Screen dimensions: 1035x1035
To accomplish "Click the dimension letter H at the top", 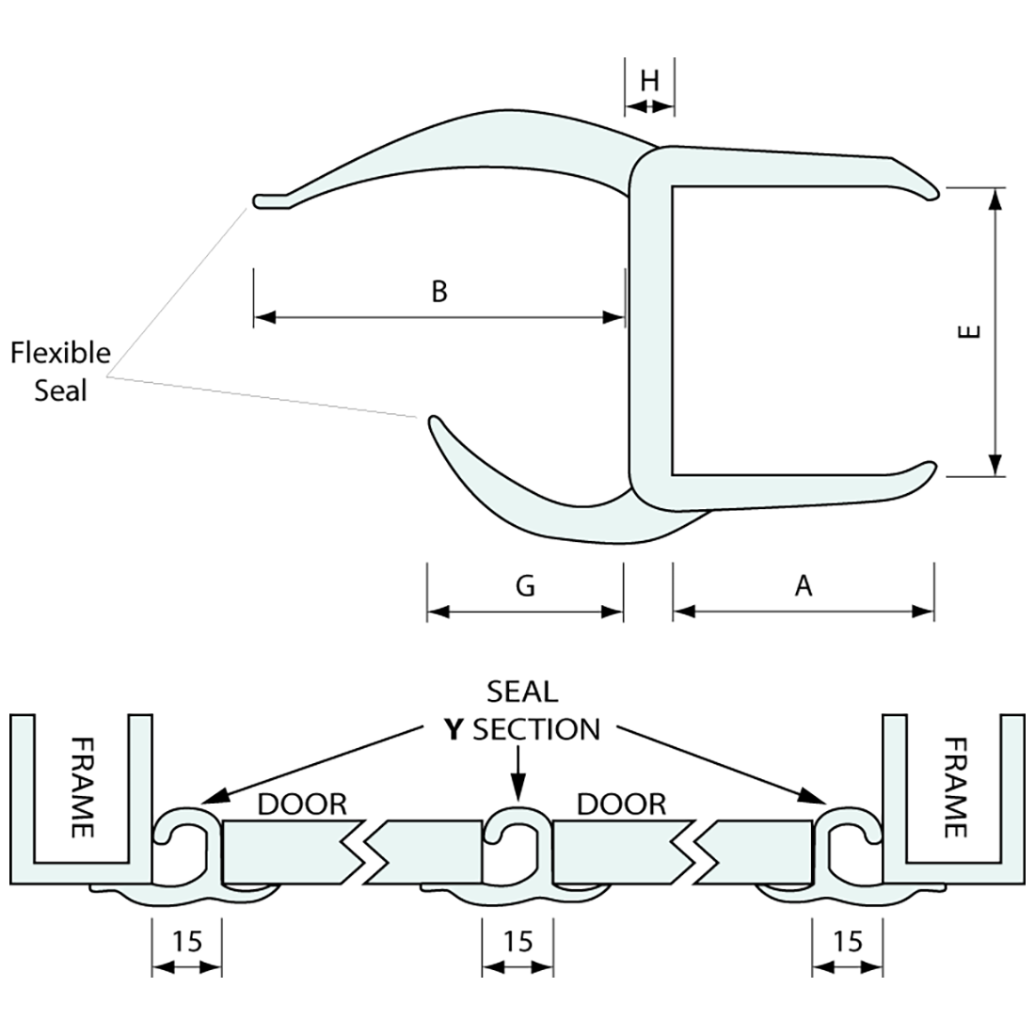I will (649, 81).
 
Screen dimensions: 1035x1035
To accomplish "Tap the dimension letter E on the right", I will (972, 331).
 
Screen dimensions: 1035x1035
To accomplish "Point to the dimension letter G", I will (525, 585).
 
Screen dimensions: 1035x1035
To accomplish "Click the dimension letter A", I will (803, 585).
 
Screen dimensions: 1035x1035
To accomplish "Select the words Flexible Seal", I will (60, 371).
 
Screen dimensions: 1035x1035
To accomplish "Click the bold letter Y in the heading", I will (455, 729).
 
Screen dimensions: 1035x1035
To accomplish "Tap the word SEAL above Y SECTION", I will (522, 692).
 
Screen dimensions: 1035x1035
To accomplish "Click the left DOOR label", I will (302, 804).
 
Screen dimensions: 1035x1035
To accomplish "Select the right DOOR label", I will (620, 804).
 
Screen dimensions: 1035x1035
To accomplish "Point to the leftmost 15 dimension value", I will (187, 940).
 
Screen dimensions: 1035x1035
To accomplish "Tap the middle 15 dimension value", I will (517, 940).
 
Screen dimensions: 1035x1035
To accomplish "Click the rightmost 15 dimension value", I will (848, 940).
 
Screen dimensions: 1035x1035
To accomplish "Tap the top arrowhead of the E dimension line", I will (995, 197).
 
